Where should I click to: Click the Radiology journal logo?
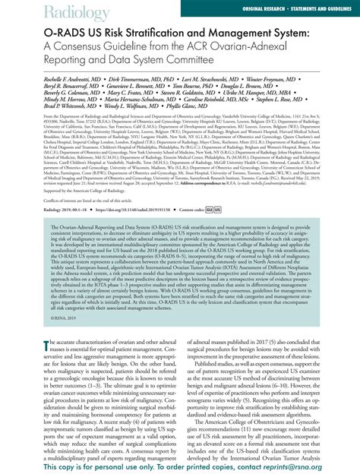click(x=34, y=11)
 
